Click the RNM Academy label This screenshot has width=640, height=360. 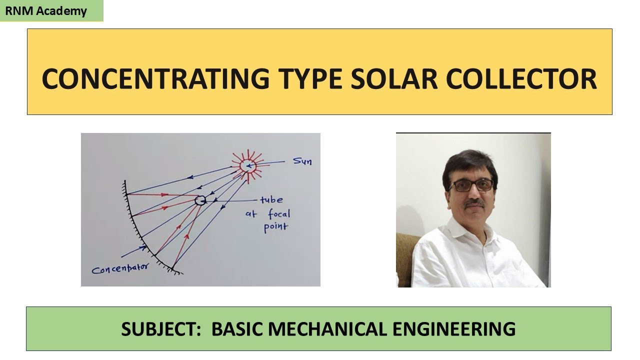pos(51,11)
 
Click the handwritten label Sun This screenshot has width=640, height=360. pos(302,161)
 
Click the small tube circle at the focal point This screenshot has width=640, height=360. pos(200,201)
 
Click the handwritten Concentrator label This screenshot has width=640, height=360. pos(120,268)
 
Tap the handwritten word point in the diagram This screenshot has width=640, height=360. pos(275,228)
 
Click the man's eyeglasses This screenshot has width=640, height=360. pos(471,185)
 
